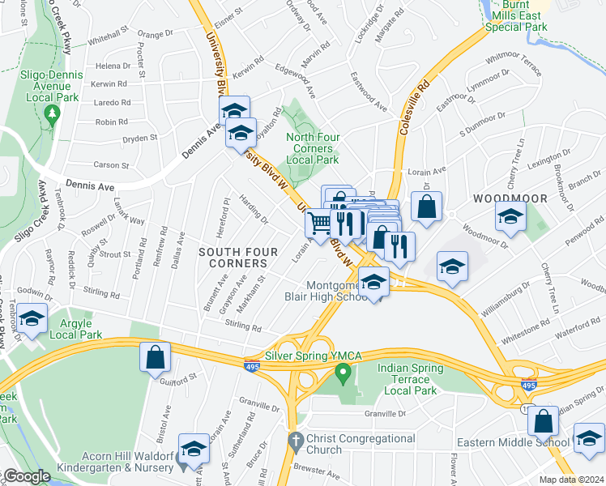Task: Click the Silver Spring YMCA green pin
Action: (x=342, y=374)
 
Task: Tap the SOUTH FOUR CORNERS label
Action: (x=233, y=258)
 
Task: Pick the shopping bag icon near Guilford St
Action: (x=155, y=357)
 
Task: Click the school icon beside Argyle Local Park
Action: (x=32, y=320)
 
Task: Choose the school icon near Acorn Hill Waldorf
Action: (x=194, y=450)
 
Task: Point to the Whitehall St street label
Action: (x=109, y=38)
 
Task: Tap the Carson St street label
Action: (x=112, y=164)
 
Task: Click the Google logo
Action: (x=27, y=476)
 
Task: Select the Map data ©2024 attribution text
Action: (x=572, y=480)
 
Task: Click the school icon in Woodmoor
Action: (x=510, y=216)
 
